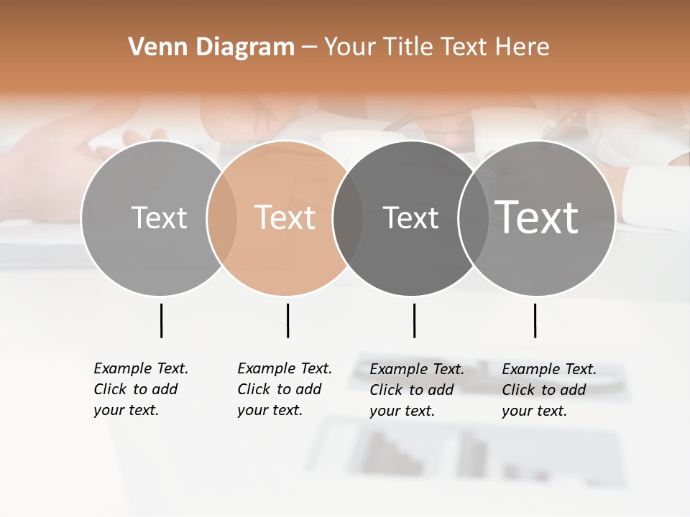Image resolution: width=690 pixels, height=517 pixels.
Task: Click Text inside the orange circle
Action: [285, 218]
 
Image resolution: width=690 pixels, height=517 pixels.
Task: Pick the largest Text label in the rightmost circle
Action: [537, 217]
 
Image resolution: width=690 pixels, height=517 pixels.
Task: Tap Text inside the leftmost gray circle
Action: [159, 218]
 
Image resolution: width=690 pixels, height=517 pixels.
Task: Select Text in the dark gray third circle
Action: [410, 218]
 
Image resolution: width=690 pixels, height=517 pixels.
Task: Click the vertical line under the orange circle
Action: [287, 320]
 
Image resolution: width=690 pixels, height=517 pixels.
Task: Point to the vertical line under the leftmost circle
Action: [161, 320]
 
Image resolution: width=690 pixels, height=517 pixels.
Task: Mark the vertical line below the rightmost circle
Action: [535, 320]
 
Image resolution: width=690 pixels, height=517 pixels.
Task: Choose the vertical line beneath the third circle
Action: [414, 320]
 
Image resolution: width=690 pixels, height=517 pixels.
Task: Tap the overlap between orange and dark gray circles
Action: [348, 218]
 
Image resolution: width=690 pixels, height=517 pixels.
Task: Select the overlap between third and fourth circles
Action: [474, 218]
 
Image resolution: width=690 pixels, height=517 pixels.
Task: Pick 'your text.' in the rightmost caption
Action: [534, 411]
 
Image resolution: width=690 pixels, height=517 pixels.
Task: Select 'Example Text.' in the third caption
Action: [417, 369]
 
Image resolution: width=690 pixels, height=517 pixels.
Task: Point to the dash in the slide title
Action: [309, 47]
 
